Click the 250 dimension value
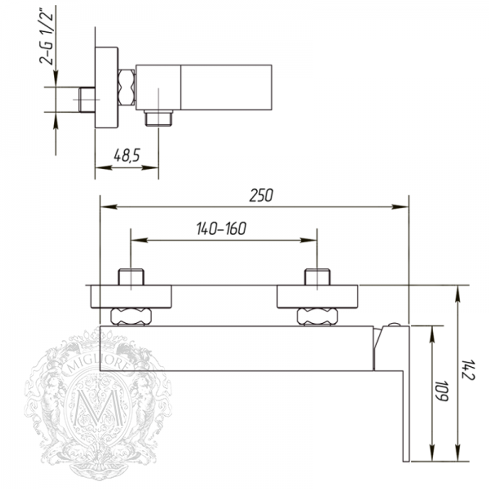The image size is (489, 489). click(261, 195)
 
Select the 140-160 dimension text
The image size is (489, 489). click(221, 228)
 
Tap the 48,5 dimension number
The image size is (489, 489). click(127, 156)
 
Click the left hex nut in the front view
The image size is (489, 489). click(131, 316)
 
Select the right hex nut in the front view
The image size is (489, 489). click(318, 316)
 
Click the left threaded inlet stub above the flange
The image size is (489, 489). click(131, 277)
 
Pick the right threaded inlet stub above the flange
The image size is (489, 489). click(318, 277)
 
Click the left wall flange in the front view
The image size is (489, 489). click(131, 297)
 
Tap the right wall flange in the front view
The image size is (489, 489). click(318, 297)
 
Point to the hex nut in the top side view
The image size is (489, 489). click(127, 88)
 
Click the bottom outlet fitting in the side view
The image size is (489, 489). click(158, 118)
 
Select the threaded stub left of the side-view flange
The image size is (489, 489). click(87, 100)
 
